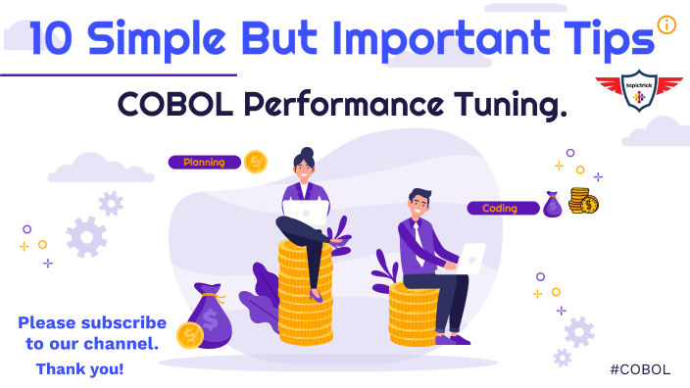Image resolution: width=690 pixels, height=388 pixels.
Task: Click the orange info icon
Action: [667, 24]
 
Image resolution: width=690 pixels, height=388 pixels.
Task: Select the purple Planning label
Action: [205, 162]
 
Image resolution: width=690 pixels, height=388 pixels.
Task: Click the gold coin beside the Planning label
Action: [256, 161]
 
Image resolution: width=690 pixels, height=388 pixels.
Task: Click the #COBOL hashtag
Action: [639, 368]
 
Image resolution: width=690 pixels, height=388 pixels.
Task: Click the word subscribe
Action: [124, 322]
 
